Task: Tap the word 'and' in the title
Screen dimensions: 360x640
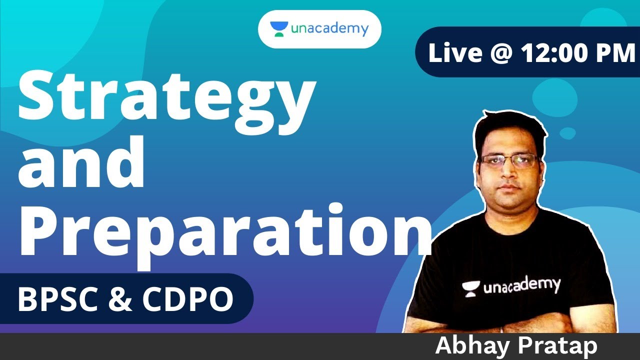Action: (x=82, y=165)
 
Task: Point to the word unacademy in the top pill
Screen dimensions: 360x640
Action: (x=329, y=29)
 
